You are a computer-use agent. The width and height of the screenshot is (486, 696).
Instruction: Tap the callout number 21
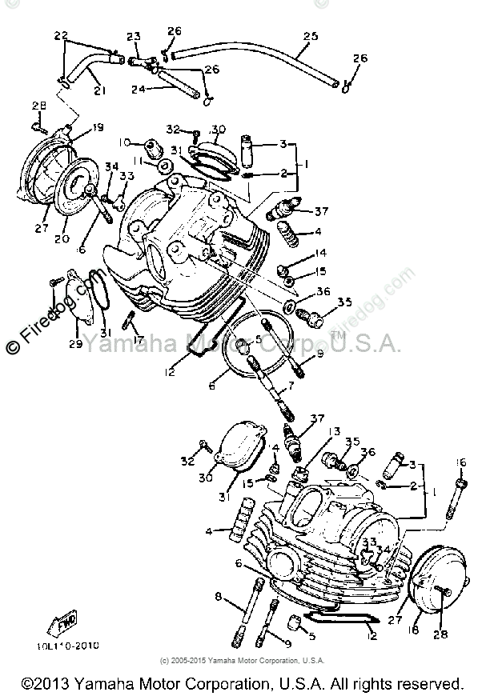click(99, 90)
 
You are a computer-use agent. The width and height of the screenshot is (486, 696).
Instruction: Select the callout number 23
click(133, 36)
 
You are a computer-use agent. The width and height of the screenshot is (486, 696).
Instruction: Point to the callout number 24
click(137, 90)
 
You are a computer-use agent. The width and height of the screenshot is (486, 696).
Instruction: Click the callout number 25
click(311, 35)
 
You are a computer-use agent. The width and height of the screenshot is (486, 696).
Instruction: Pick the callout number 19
click(98, 128)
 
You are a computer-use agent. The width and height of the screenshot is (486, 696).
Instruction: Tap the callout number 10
click(125, 142)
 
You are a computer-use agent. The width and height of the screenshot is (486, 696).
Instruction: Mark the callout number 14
click(320, 253)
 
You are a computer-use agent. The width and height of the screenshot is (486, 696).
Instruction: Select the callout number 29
click(74, 344)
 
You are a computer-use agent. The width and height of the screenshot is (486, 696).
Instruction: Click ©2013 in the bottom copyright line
click(46, 684)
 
